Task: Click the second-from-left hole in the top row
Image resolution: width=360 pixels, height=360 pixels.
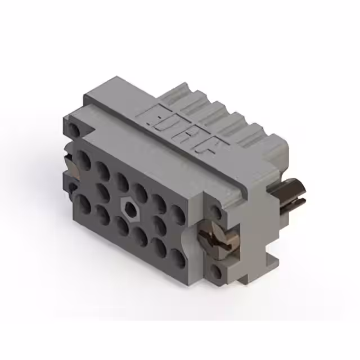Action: pos(103,170)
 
